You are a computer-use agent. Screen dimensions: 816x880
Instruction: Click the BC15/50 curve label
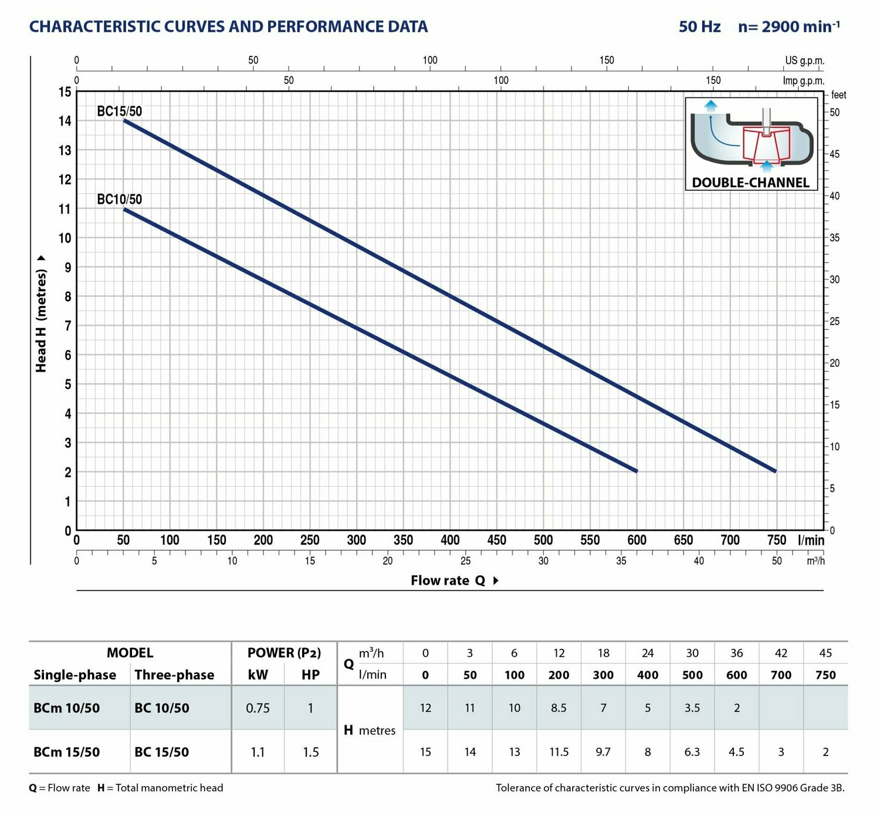point(119,111)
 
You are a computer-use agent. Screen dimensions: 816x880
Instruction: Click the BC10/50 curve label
point(119,199)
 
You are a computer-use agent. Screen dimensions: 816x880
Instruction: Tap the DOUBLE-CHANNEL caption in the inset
point(750,183)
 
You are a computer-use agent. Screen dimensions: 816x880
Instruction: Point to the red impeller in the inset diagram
point(766,144)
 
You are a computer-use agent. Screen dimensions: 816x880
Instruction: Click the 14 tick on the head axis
point(65,121)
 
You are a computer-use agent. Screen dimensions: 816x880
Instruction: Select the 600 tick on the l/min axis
point(637,540)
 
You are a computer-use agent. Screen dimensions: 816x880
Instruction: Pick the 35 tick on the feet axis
point(834,238)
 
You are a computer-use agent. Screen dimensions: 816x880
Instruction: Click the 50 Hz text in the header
point(699,26)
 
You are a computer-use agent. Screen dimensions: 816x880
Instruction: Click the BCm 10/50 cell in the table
point(67,708)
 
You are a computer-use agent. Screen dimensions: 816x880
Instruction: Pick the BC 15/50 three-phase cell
point(162,752)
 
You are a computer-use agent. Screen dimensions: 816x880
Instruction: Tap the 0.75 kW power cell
point(258,708)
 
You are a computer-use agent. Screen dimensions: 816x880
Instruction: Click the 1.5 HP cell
point(310,752)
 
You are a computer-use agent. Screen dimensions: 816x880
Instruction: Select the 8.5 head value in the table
point(559,708)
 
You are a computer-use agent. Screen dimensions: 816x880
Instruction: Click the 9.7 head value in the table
point(603,752)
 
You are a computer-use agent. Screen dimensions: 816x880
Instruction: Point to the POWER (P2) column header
point(284,653)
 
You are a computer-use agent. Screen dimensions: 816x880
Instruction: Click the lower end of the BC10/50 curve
point(636,471)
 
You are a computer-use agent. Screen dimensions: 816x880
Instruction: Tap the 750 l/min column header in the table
point(825,675)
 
